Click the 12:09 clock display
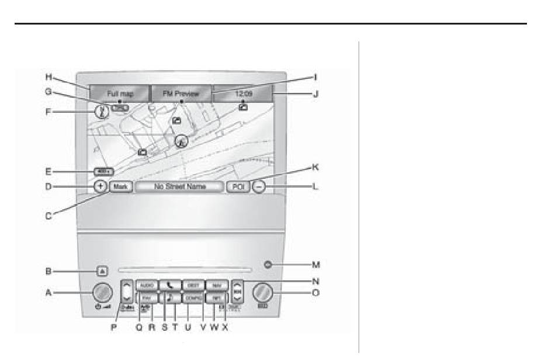click(242, 93)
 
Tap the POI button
click(240, 187)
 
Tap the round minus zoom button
click(258, 187)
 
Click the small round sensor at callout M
click(266, 265)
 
